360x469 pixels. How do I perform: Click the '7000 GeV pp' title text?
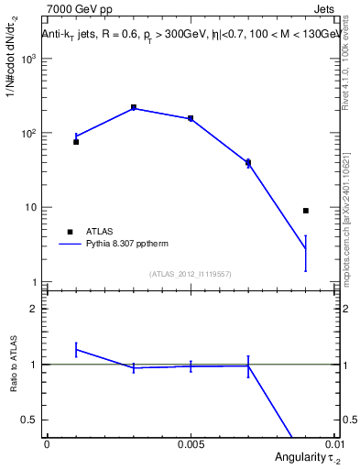coord(75,9)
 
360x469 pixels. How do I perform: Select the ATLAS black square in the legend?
coord(69,232)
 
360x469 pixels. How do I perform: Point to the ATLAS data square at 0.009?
coord(306,211)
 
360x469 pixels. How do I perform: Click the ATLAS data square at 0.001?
coord(76,142)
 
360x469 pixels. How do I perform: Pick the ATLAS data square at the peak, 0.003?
coord(134,107)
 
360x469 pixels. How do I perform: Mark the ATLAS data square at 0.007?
coord(248,162)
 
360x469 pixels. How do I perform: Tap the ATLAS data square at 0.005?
coord(191,118)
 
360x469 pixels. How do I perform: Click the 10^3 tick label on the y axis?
coord(29,59)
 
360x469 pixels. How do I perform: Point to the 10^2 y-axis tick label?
coord(29,134)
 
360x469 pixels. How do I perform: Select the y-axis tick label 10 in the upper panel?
coord(31,208)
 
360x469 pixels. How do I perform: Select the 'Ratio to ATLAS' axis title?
coord(11,365)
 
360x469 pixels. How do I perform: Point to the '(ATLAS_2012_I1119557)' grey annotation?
coord(191,274)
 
